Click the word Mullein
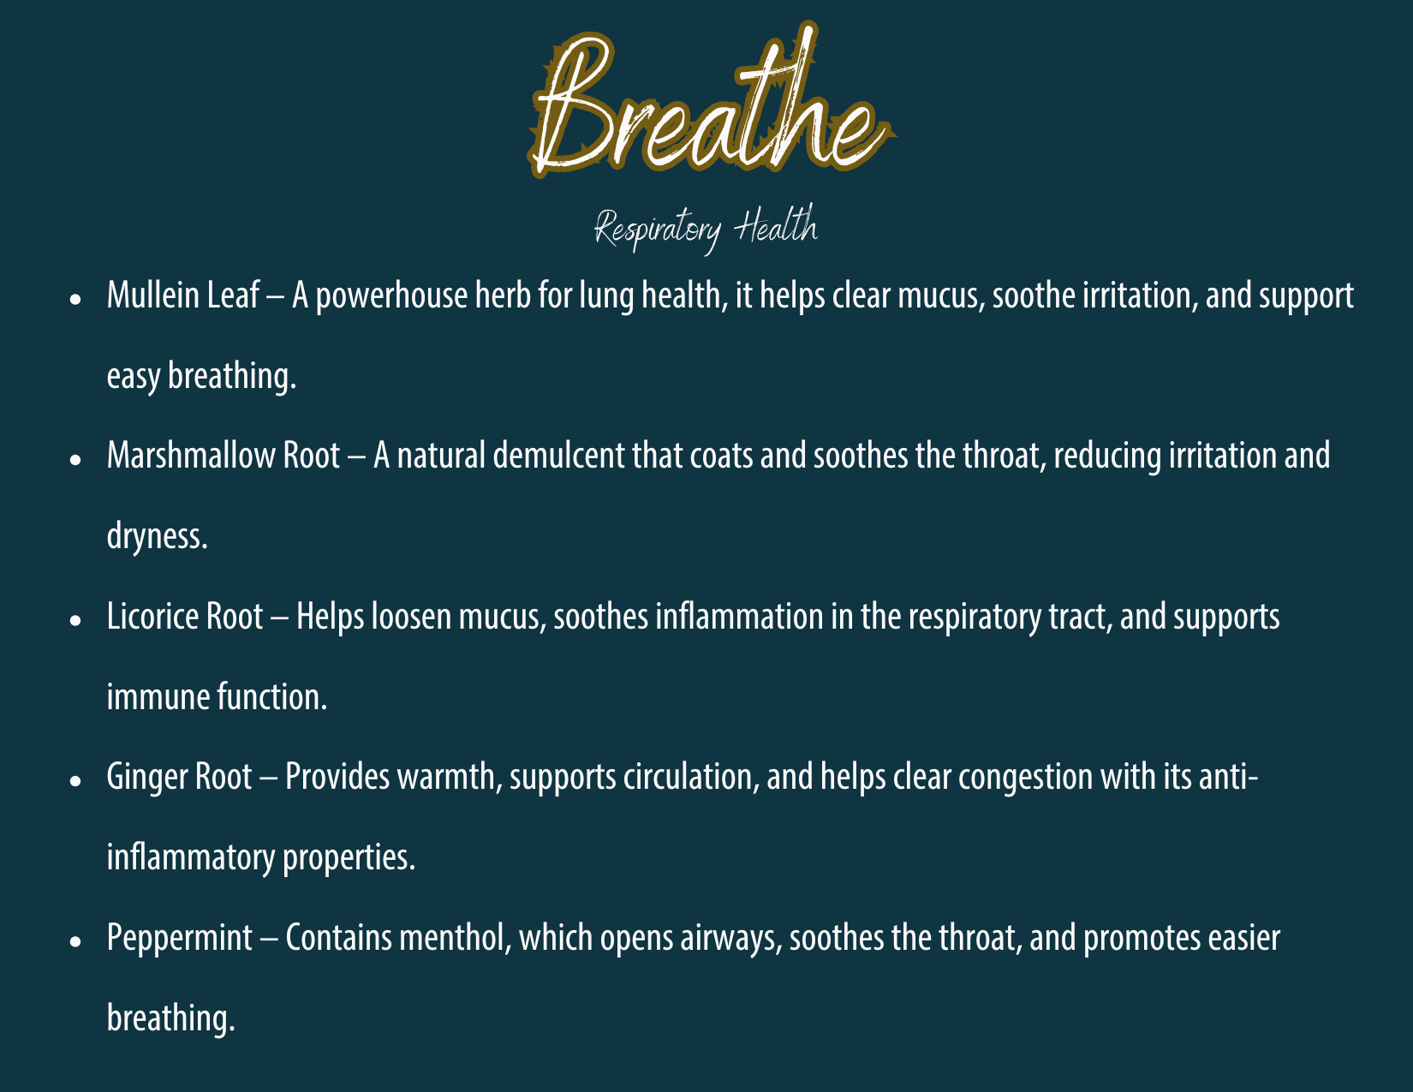click(152, 295)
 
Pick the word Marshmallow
click(191, 456)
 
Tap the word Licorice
click(152, 616)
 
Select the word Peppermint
click(180, 940)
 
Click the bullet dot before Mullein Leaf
click(75, 299)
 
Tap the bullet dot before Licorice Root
click(75, 620)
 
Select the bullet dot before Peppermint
click(75, 941)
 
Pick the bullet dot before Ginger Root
click(75, 780)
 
